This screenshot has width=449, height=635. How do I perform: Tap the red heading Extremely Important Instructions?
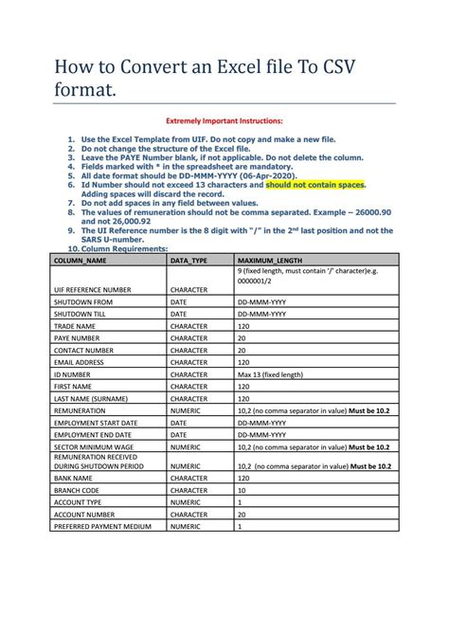click(x=224, y=121)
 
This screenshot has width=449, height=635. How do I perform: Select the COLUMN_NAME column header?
click(x=81, y=259)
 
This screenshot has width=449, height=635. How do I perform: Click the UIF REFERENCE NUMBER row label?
click(x=92, y=289)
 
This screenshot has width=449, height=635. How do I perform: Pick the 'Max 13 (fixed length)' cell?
click(x=272, y=374)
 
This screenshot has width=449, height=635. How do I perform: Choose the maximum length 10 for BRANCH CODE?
click(x=242, y=490)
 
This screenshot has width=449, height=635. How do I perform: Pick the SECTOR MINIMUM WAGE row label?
click(x=95, y=445)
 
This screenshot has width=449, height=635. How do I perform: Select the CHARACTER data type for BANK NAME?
click(x=189, y=479)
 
